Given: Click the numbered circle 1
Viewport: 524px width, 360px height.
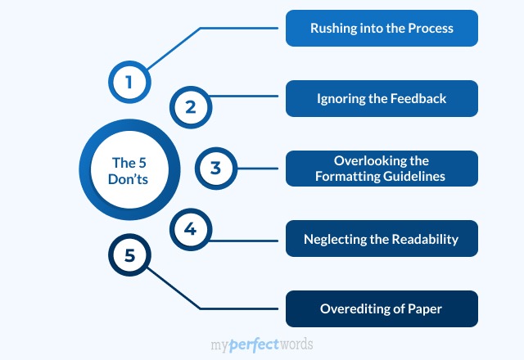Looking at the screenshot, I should (129, 82).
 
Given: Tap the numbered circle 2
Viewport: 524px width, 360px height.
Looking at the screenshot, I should (190, 106).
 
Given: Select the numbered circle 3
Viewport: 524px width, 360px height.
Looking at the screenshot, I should (215, 169).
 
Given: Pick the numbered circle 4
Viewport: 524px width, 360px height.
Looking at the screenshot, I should (190, 230).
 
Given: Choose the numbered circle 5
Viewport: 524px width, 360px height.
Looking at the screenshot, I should (129, 255).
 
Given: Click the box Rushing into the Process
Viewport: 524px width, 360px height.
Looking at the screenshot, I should (381, 28).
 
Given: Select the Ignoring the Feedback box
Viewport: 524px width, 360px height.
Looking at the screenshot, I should (381, 98).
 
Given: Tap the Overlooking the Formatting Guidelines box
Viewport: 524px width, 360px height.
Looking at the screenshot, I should (381, 169).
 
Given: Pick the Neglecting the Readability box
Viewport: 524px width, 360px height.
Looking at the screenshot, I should (381, 239).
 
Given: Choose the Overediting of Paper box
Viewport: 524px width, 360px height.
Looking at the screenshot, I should (381, 309).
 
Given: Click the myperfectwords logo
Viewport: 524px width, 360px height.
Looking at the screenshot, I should (261, 344).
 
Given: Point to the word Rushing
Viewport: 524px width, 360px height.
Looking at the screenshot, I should (332, 29).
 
